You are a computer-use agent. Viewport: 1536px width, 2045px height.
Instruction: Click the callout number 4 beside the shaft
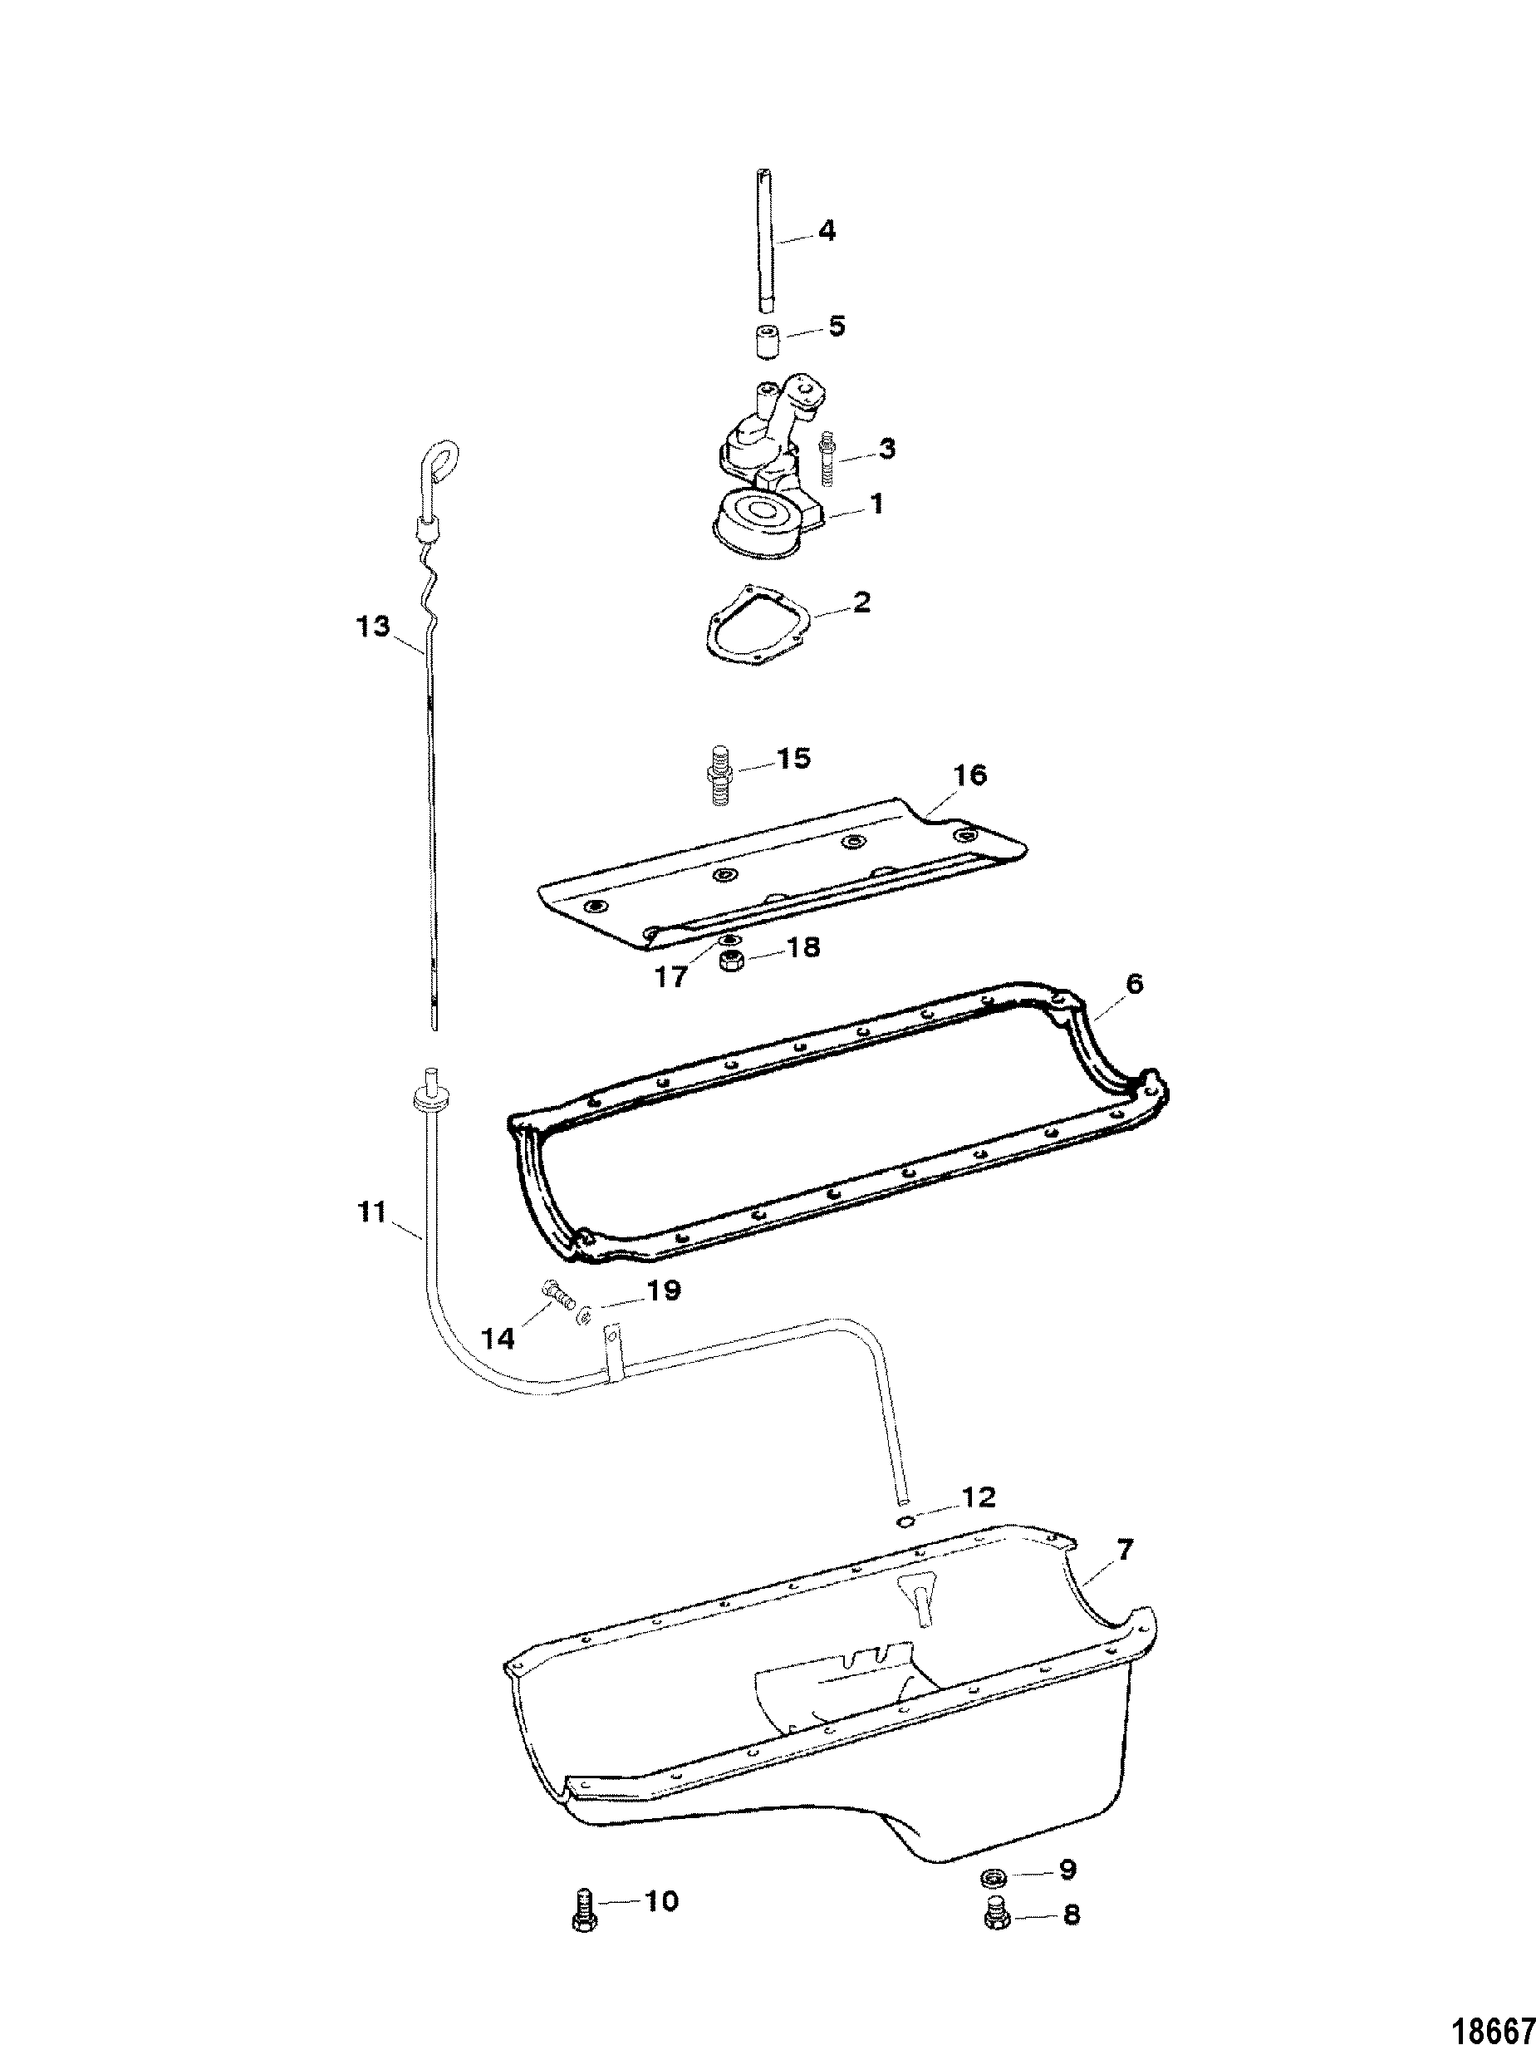point(827,230)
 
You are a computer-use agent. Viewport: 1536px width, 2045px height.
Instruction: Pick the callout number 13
point(373,626)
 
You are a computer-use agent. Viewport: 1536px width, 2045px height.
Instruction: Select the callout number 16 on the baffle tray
point(969,774)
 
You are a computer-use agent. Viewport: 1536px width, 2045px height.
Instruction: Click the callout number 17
point(672,976)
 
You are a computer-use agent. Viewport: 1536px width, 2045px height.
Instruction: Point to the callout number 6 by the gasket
point(1134,984)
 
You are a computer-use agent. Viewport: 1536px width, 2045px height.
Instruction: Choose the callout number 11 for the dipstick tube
point(372,1211)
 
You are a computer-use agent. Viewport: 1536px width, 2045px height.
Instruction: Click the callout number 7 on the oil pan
point(1124,1550)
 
